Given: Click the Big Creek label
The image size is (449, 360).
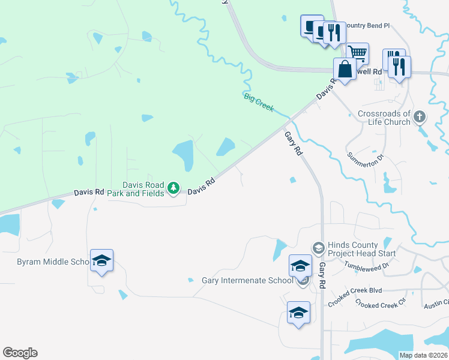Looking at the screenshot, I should (259, 102).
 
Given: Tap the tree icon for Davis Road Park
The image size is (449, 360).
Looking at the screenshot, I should (173, 189).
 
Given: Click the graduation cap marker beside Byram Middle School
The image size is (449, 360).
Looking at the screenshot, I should (101, 260).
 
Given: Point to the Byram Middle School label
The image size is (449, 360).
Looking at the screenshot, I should (53, 262).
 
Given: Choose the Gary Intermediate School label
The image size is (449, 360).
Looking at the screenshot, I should (247, 280).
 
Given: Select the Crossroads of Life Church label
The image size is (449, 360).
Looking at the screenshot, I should (384, 118).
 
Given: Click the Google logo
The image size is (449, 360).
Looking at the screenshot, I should (20, 353).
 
